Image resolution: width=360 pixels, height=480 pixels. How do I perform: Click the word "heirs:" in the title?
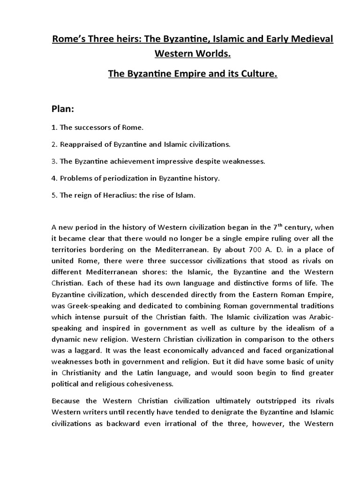113,39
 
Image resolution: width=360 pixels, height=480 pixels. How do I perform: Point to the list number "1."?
54,127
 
